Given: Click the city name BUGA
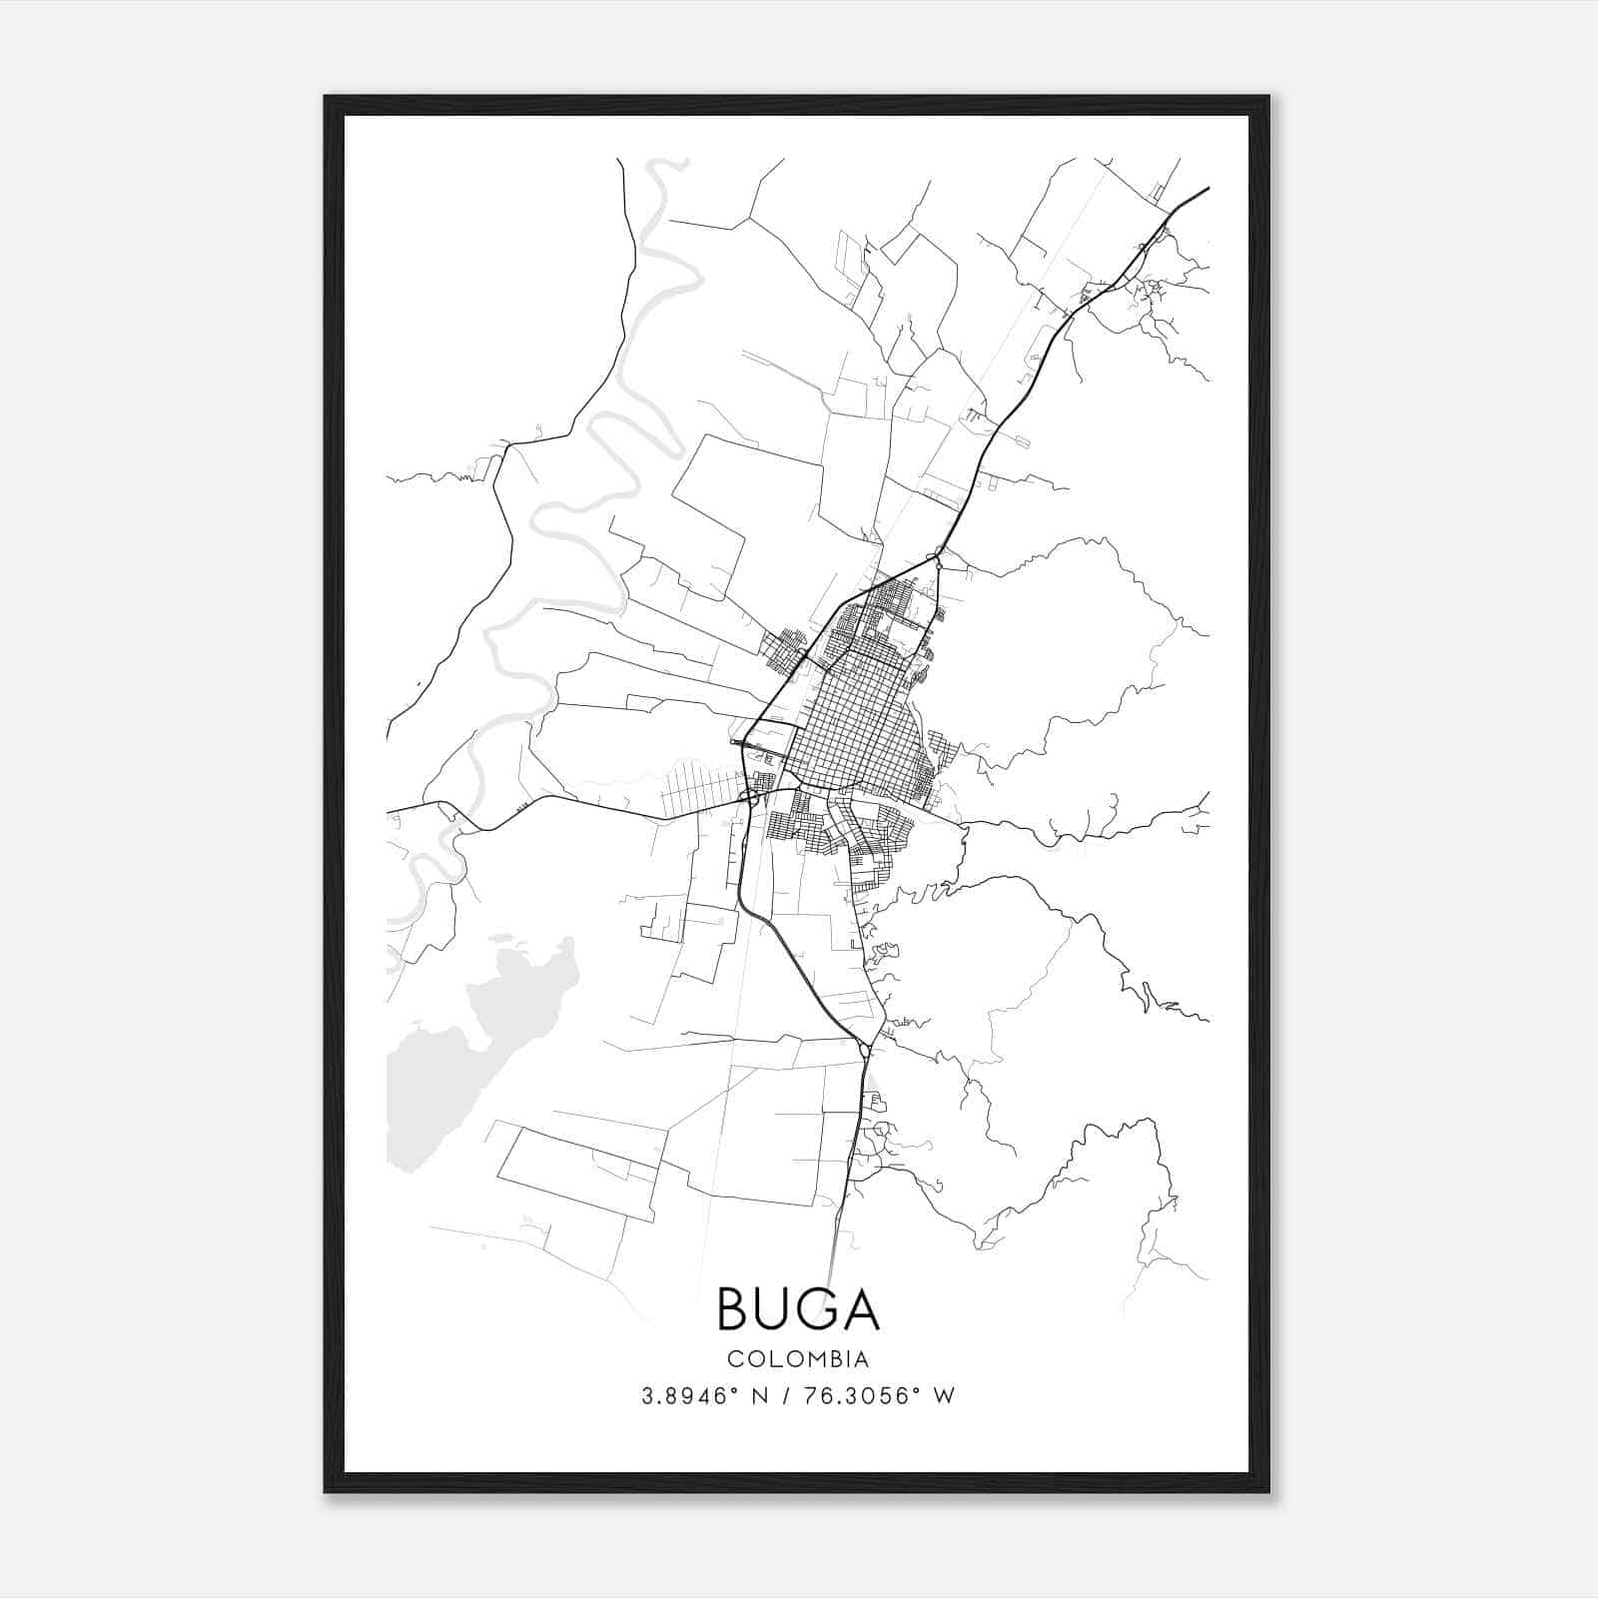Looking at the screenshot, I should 798,1309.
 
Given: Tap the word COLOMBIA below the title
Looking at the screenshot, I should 798,1359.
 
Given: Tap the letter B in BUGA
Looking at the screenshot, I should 735,1309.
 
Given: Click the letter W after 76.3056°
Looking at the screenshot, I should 944,1396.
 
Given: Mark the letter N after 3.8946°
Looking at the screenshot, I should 759,1396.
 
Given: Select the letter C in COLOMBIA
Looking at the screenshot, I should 735,1359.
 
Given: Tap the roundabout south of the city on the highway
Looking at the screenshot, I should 864,1049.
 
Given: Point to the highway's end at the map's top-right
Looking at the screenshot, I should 1207,188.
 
